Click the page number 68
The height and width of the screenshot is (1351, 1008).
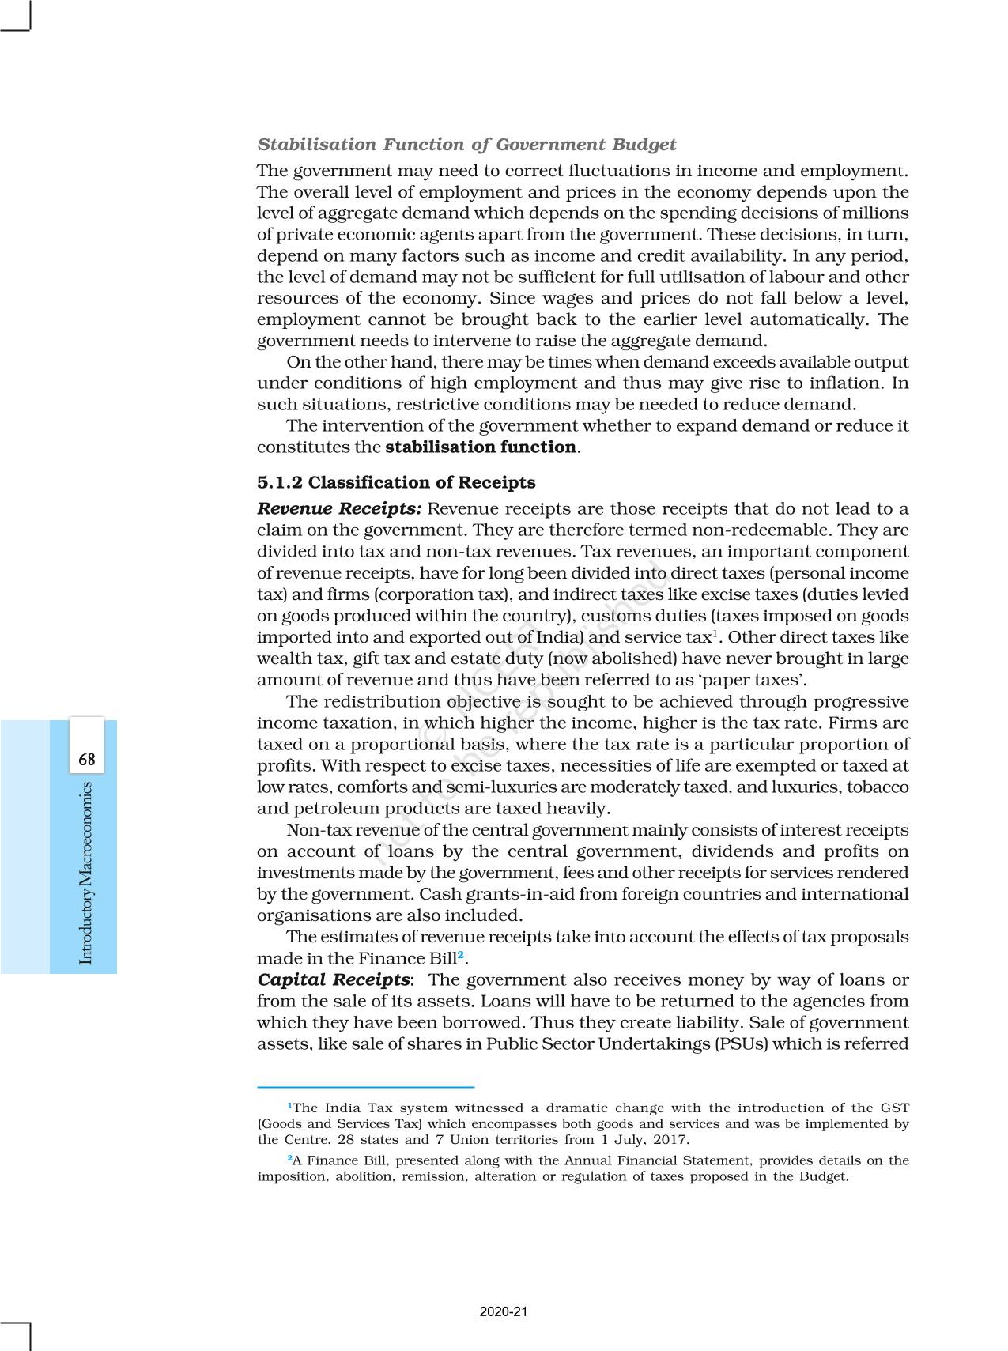tap(87, 760)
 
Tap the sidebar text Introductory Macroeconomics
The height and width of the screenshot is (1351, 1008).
tap(87, 873)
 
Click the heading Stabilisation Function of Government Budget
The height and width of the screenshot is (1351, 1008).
tap(466, 145)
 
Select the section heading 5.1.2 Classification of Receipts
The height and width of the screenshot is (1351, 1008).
tap(395, 482)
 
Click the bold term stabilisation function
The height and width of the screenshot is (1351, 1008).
tap(480, 447)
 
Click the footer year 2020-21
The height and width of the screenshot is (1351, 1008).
tap(504, 1311)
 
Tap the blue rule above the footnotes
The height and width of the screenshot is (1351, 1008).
tap(365, 1087)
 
